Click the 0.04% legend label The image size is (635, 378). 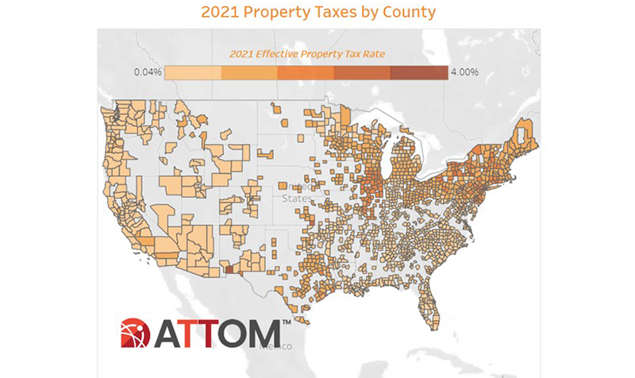point(148,72)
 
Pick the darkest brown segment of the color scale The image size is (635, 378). point(420,72)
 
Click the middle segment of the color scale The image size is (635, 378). point(306,72)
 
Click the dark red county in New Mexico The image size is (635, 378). point(230,270)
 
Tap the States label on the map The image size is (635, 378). point(296,199)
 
